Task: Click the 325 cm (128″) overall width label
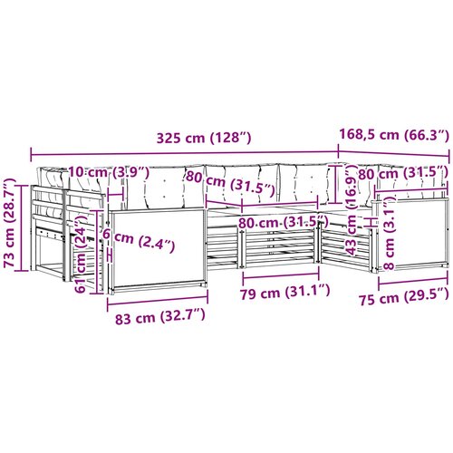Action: (x=204, y=138)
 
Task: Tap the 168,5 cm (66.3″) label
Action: (x=394, y=134)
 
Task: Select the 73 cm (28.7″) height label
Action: (x=10, y=223)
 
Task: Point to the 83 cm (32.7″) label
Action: (x=160, y=316)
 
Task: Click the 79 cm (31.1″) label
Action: (x=284, y=292)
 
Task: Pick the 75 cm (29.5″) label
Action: (x=404, y=297)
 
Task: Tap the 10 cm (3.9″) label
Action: (x=109, y=172)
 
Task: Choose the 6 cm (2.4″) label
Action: (x=139, y=240)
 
